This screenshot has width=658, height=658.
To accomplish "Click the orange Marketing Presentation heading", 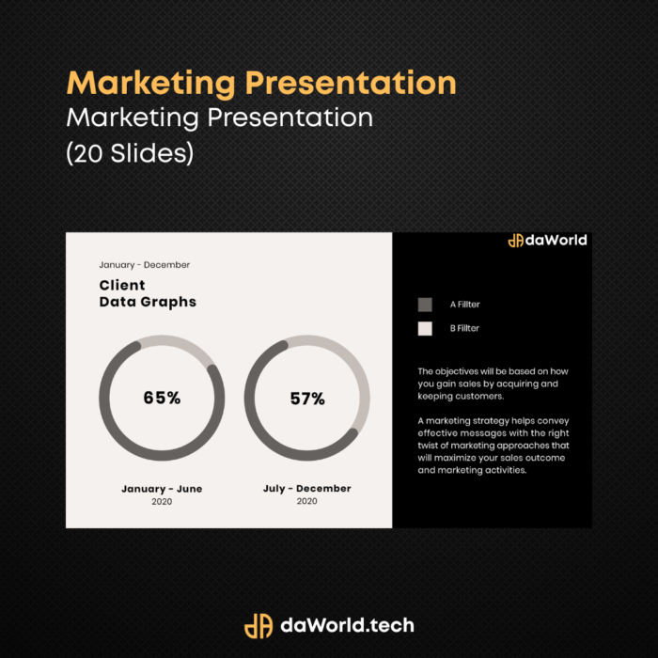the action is tap(261, 84).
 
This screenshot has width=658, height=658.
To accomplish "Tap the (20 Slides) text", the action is tap(130, 152).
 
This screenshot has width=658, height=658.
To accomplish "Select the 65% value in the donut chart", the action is tap(162, 398).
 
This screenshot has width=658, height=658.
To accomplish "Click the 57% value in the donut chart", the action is tap(307, 399).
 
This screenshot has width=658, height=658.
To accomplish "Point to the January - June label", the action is tap(162, 489).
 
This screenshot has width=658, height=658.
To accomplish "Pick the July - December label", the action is tap(307, 489).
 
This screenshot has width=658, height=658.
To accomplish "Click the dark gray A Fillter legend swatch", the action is tap(425, 305).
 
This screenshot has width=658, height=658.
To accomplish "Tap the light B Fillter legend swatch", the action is tap(425, 329).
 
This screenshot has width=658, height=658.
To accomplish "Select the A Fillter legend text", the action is tap(465, 305).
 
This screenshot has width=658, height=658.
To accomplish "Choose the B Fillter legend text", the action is tap(464, 329).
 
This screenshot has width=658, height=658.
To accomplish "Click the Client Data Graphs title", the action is tap(148, 293).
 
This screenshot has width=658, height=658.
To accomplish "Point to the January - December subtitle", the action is tap(145, 265).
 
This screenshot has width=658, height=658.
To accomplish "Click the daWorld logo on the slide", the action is tap(548, 241).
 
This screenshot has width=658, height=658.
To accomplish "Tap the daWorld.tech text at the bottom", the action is tap(347, 626).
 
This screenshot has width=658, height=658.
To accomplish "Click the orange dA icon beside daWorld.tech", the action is tap(258, 626).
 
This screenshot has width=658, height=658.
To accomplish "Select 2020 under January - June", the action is tap(162, 502).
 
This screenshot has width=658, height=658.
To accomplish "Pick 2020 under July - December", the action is tap(307, 501).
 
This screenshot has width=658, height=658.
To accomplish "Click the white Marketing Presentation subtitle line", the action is tap(219, 117).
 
